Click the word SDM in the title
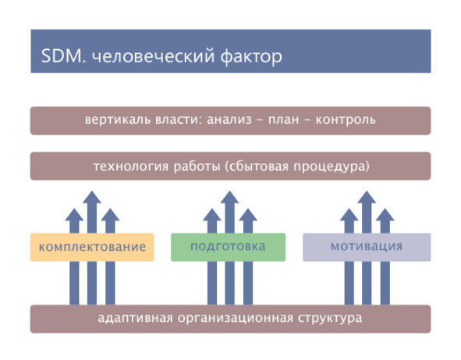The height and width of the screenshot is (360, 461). point(63,56)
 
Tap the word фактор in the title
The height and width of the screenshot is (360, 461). point(251,56)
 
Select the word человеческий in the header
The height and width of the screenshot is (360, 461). point(153,56)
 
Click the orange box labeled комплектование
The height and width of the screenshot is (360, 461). point(92,247)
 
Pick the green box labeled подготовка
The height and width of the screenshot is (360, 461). point(228,247)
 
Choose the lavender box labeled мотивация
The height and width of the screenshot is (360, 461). point(367,247)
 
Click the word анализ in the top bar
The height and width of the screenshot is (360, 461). point(229,120)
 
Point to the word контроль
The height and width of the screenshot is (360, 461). point(346,120)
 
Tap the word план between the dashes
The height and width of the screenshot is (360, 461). point(283,120)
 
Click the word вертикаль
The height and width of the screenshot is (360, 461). point(118,120)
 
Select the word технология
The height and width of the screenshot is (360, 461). point(131,167)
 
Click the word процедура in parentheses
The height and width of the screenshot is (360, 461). point(332,167)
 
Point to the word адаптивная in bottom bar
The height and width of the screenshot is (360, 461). point(135,318)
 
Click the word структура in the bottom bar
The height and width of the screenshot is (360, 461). point(330,319)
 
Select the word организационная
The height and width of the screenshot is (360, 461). point(236,319)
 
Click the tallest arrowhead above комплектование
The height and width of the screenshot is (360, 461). point(92,197)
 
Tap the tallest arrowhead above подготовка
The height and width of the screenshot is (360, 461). point(229,197)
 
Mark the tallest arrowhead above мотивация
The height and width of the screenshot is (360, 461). point(367,197)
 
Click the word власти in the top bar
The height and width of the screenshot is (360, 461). point(179,120)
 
